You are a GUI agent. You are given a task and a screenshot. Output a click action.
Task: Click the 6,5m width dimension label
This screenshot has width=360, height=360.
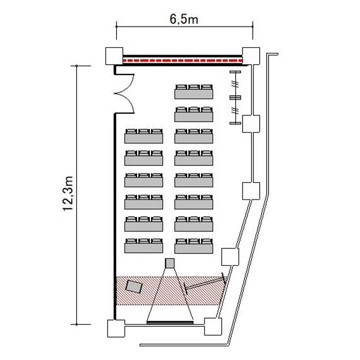pos(184,20)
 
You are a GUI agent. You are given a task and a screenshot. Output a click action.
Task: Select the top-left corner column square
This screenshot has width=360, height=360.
pos(114,56)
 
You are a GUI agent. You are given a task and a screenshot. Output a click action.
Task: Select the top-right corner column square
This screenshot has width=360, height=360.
pos(250,56)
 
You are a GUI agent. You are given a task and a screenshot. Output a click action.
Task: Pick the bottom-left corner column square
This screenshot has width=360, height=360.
pos(115,328)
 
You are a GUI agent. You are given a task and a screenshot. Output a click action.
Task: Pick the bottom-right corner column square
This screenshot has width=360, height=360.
pos(213,327)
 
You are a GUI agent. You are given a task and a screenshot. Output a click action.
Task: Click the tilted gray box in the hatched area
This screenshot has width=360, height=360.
pos(134,287)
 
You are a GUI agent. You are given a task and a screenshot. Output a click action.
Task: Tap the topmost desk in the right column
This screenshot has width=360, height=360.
pos(193,91)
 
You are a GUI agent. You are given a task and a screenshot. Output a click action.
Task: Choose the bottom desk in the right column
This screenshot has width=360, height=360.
pos(193,245)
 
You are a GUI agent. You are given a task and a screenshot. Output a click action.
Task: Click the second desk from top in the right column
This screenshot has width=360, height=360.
pos(193,114)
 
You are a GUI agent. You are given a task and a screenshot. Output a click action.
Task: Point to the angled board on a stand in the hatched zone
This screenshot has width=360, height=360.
pos(204,285)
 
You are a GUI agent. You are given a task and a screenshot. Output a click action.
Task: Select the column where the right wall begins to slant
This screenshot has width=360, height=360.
pos(250,191)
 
